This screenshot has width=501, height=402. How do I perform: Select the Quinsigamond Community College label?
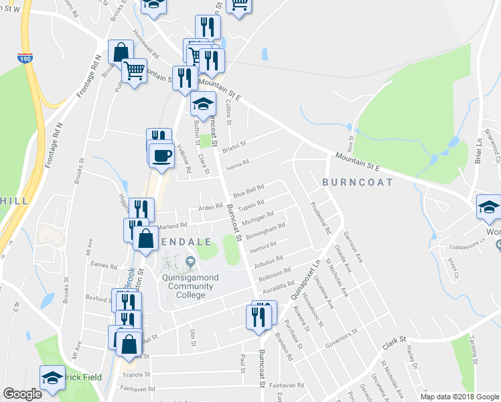[188, 281]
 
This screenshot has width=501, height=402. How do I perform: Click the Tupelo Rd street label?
[252, 204]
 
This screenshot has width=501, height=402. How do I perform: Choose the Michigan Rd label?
[258, 218]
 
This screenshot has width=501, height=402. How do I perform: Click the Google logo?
[22, 394]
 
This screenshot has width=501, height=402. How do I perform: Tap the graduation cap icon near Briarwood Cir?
[489, 208]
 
